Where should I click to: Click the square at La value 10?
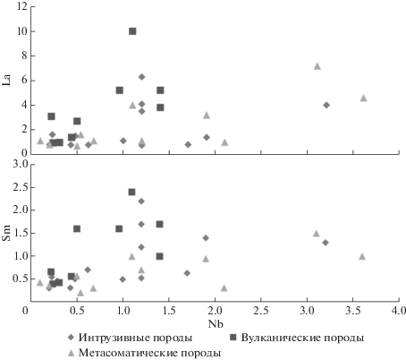(132, 31)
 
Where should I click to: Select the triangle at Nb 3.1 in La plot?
(317, 66)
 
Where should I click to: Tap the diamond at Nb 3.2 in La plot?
(326, 105)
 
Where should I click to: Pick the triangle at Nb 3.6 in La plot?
(363, 98)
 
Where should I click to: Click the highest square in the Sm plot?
(131, 192)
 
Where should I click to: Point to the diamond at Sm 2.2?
(141, 201)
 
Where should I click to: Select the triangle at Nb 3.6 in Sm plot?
(362, 256)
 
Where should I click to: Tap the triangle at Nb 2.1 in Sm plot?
(224, 288)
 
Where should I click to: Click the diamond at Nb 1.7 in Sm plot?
(187, 273)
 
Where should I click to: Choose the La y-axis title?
(6, 80)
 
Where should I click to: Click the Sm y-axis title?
(6, 233)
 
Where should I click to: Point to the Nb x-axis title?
(216, 324)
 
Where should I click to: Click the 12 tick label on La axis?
(22, 6)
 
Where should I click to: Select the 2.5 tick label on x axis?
(261, 311)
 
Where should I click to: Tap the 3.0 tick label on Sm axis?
(20, 164)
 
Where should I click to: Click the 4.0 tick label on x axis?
(399, 311)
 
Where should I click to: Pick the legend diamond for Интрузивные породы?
(71, 338)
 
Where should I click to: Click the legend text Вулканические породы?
(302, 338)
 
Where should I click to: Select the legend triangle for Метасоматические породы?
(71, 353)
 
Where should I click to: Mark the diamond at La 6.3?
(141, 77)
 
